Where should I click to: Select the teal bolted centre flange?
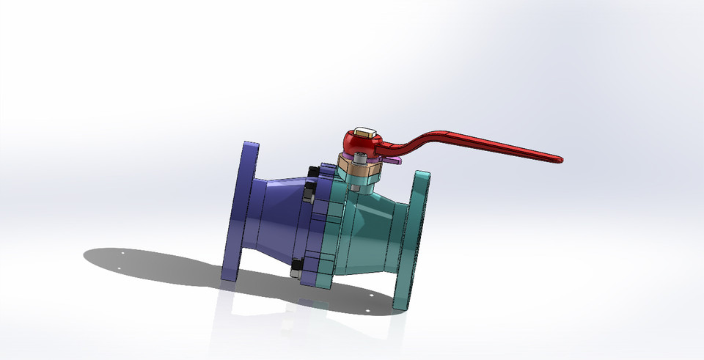pyautogui.click(x=330, y=235)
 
